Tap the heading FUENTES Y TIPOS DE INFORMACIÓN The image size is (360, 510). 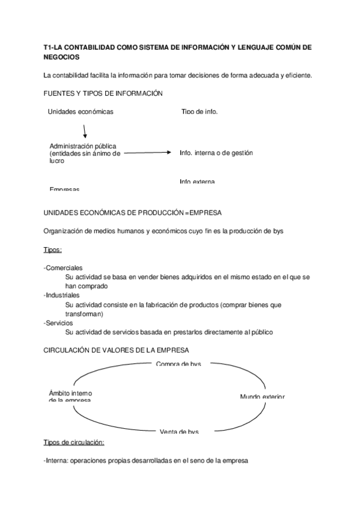pos(104,93)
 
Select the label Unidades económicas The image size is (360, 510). pos(81,112)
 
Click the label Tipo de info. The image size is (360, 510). pos(200,112)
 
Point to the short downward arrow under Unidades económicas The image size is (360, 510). pos(85,130)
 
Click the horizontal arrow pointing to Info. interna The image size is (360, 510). pos(148,153)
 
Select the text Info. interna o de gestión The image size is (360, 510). pos(216,153)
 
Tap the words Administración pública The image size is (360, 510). pos(83,146)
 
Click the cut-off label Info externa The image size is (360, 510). pos(197,182)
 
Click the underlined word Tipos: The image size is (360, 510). pos(53,250)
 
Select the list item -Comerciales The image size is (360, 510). pos(64,268)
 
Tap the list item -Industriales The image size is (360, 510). pos(62,295)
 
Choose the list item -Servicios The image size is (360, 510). pos(58,323)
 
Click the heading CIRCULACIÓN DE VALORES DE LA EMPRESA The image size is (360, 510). pos(117,350)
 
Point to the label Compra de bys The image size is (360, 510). pos(178,364)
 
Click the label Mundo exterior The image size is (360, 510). pos(262,396)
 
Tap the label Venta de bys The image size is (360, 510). pos(179,431)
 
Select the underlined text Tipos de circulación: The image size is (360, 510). pos(74,443)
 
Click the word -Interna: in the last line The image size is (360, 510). pos(56,461)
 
